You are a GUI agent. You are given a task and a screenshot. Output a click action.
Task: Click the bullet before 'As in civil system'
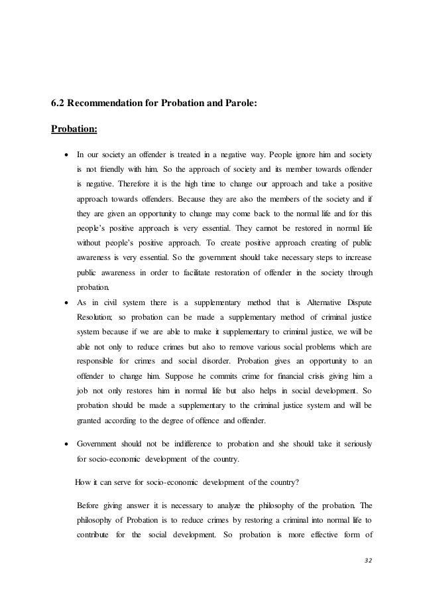pyautogui.click(x=64, y=302)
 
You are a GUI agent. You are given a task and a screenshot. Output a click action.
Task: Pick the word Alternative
pyautogui.click(x=318, y=302)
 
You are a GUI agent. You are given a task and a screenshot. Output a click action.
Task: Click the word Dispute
pyautogui.click(x=358, y=302)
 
